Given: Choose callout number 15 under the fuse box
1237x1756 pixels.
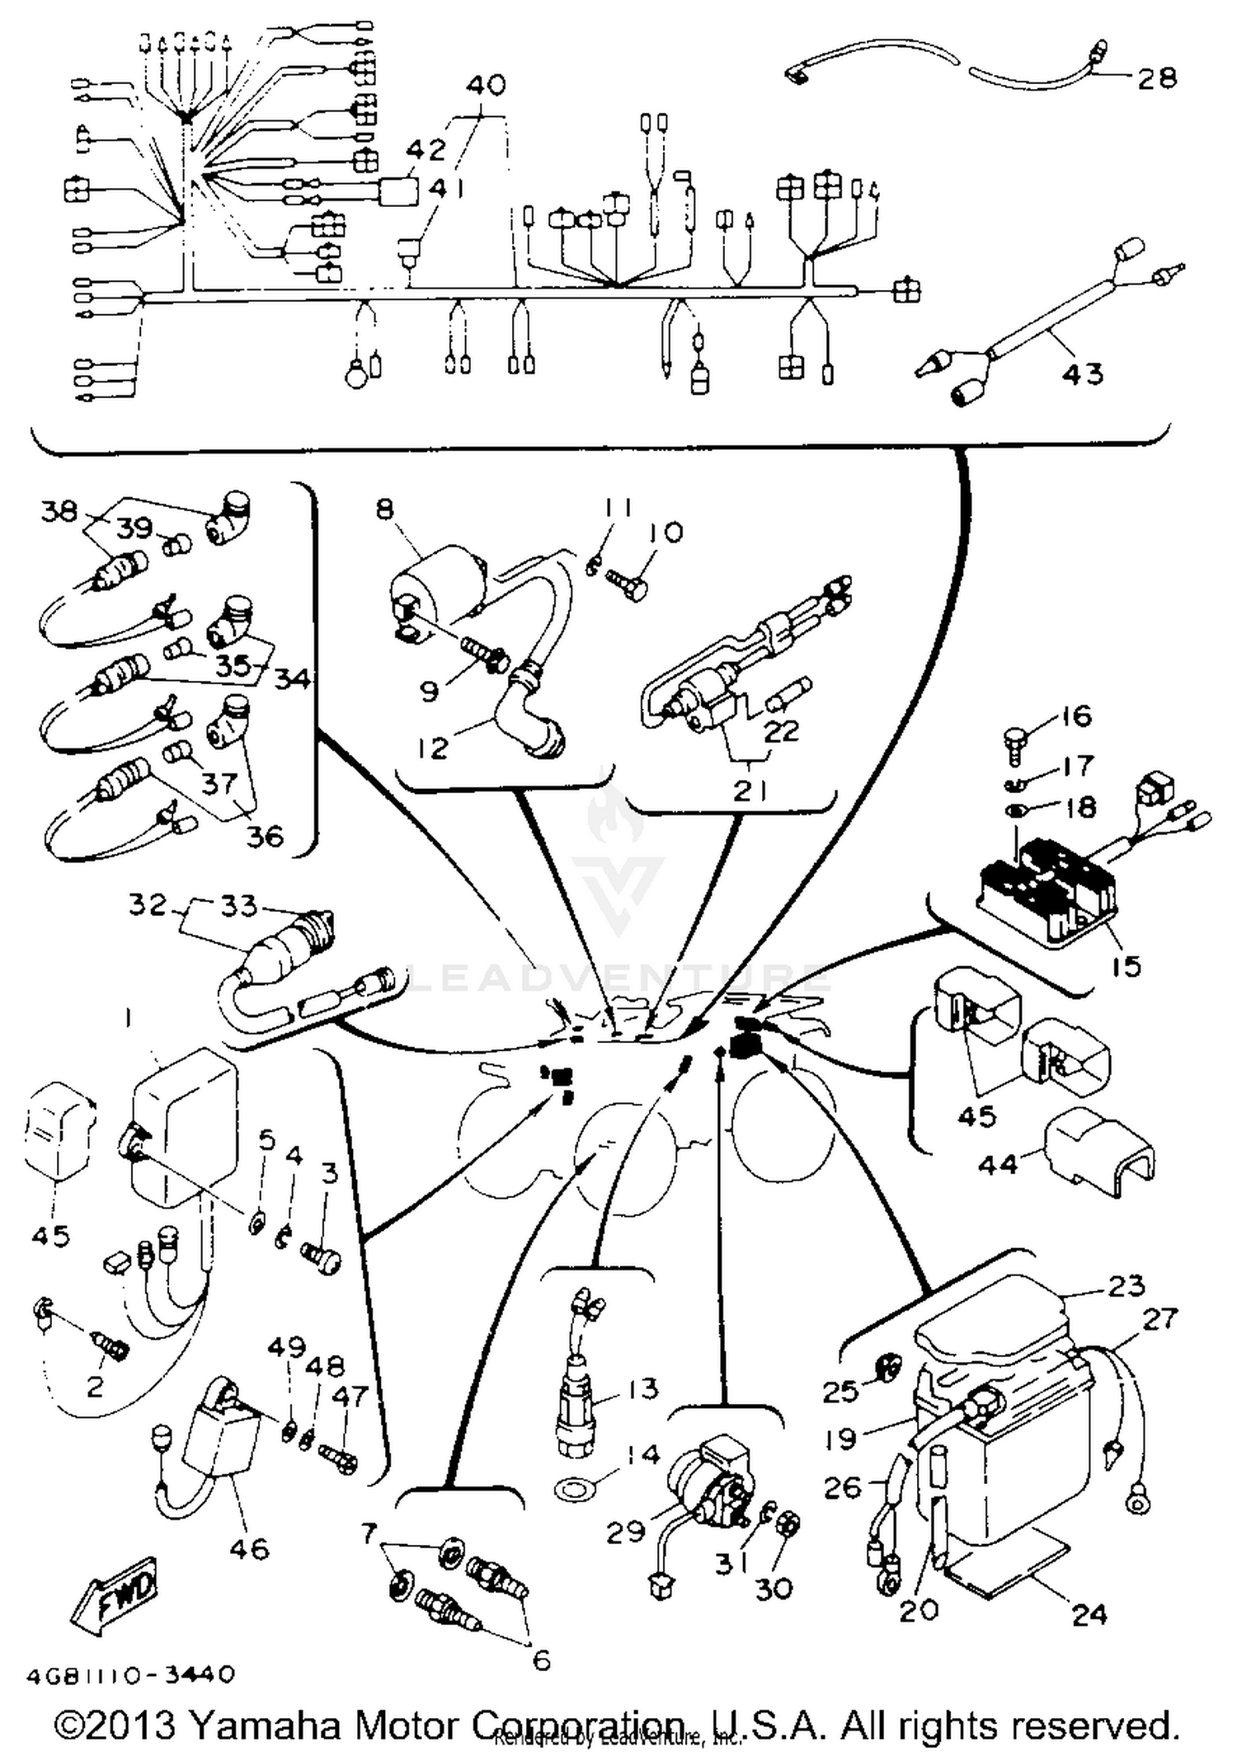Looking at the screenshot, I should pos(1126,965).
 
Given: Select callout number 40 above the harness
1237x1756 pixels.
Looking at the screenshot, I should pos(487,85).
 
